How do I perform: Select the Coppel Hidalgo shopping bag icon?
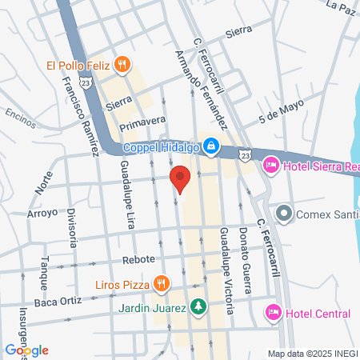tap(210, 146)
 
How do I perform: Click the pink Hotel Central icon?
tap(272, 310)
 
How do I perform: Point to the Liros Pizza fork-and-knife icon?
tap(162, 282)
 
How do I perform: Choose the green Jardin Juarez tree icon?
tap(198, 306)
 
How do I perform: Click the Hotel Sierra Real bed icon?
tap(270, 165)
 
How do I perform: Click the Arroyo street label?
tap(42, 214)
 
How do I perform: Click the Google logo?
tap(26, 350)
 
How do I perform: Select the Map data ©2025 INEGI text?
tap(312, 353)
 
